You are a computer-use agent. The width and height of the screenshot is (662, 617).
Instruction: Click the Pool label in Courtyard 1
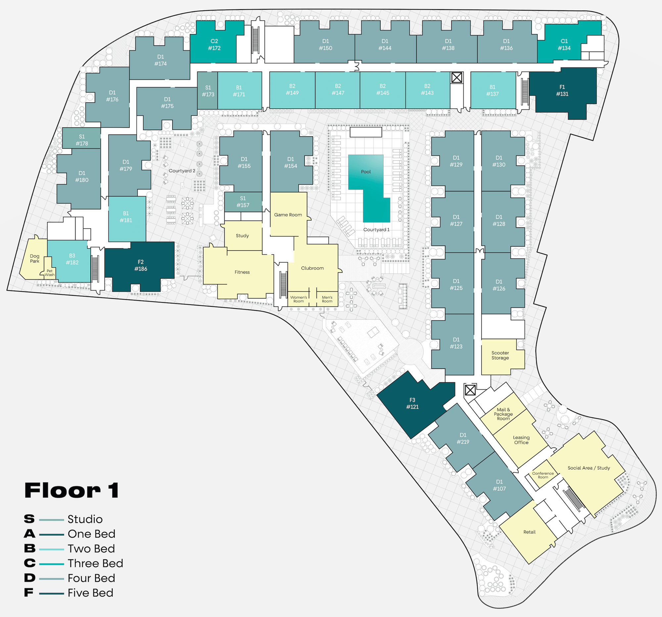pyautogui.click(x=366, y=172)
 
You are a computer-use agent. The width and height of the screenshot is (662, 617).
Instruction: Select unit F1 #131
pyautogui.click(x=562, y=91)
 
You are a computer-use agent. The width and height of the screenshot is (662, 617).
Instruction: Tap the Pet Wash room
pyautogui.click(x=50, y=273)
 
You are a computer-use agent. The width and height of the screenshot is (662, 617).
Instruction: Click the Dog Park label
pyautogui.click(x=35, y=259)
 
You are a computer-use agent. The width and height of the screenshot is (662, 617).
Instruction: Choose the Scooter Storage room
pyautogui.click(x=500, y=355)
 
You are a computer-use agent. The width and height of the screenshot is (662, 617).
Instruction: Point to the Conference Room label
pyautogui.click(x=543, y=475)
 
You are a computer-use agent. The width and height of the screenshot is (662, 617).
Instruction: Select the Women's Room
pyautogui.click(x=298, y=299)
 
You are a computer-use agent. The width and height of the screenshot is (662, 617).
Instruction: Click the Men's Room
pyautogui.click(x=327, y=299)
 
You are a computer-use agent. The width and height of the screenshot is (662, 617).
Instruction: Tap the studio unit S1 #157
pyautogui.click(x=243, y=202)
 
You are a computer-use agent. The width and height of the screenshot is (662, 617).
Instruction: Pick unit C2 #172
pyautogui.click(x=214, y=44)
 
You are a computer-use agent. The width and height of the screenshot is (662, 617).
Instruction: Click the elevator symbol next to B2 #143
pyautogui.click(x=456, y=78)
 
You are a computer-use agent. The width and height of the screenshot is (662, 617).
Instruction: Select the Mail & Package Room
pyautogui.click(x=503, y=414)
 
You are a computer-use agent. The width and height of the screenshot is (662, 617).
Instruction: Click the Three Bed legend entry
pyautogui.click(x=95, y=563)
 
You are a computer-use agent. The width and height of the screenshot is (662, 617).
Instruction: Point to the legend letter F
pyautogui.click(x=29, y=593)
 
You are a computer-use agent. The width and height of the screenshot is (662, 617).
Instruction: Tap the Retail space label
pyautogui.click(x=529, y=532)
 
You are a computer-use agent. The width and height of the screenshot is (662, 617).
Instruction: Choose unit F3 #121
pyautogui.click(x=412, y=403)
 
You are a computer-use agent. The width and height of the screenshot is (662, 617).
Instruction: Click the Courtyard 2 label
pyautogui.click(x=182, y=171)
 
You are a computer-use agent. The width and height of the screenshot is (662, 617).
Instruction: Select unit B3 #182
pyautogui.click(x=72, y=259)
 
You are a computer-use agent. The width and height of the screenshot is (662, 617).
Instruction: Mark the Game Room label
pyautogui.click(x=288, y=215)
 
